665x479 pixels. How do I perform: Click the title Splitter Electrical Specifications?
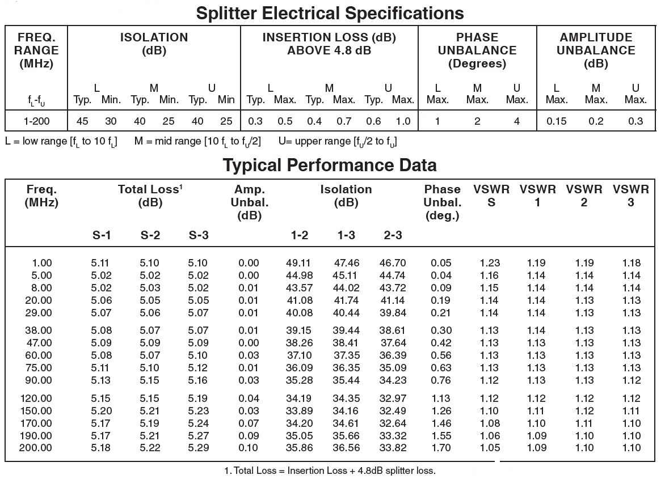pos(330,12)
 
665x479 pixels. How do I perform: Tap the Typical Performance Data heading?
pos(330,165)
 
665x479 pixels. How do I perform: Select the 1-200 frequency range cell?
pos(36,121)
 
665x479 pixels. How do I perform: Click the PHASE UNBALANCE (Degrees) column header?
pos(477,50)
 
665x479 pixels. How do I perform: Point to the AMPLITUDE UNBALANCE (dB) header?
pos(596,50)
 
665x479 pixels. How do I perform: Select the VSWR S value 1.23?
pos(490,262)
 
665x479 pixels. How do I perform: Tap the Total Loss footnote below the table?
pos(330,470)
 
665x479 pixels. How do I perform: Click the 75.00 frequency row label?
pos(39,368)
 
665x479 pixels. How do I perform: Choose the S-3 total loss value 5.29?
pos(197,448)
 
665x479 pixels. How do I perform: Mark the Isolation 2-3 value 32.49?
pos(393,410)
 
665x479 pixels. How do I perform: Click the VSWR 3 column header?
pos(630,196)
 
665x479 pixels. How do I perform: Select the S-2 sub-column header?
pos(150,235)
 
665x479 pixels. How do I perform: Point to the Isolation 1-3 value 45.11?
pos(346,275)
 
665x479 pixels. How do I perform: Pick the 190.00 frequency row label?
pos(36,435)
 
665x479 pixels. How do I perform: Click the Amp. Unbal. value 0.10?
pos(249,448)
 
